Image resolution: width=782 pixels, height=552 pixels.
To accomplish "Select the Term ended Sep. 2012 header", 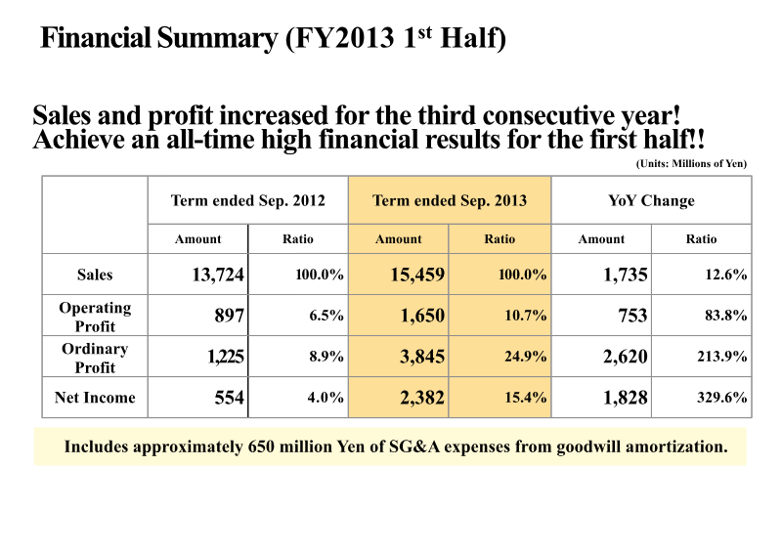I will [x=247, y=201].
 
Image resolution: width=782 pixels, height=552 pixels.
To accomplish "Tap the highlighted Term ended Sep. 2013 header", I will [x=450, y=201].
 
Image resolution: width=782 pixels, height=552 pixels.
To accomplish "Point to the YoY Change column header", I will [x=651, y=201].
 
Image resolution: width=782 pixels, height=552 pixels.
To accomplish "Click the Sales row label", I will [x=95, y=275].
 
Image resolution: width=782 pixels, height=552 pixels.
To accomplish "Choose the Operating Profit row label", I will [x=95, y=317].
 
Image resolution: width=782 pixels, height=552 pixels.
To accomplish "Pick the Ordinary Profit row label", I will [x=95, y=358].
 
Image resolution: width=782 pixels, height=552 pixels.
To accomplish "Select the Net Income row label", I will [x=95, y=398].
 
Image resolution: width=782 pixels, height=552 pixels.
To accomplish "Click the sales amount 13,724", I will [x=217, y=276].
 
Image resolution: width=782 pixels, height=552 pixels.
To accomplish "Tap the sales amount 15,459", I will [x=417, y=276].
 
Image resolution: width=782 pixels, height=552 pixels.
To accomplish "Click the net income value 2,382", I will [x=421, y=398].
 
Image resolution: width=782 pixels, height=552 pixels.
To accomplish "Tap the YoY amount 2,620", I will [x=625, y=357].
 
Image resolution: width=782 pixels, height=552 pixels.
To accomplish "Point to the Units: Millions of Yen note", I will [x=690, y=163].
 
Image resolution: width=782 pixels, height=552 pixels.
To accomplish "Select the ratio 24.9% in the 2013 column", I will [x=525, y=357].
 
